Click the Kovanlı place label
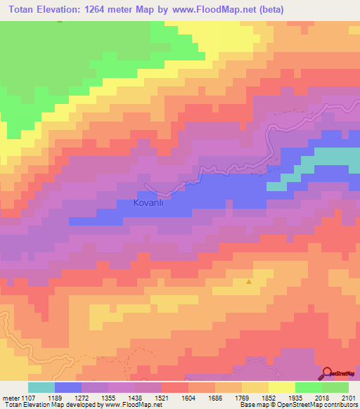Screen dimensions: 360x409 [x=148, y=202]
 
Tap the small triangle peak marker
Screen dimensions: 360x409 [x=249, y=282]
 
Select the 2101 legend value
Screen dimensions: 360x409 [x=348, y=397]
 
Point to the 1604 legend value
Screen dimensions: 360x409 [x=188, y=397]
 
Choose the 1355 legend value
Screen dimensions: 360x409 [x=108, y=397]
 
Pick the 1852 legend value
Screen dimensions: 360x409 [x=268, y=397]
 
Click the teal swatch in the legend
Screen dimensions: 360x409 [x=41, y=387]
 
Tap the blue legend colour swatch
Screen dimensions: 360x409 [x=67, y=387]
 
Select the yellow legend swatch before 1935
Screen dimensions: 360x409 [x=281, y=387]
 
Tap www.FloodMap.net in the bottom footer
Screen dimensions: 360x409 [x=133, y=405]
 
